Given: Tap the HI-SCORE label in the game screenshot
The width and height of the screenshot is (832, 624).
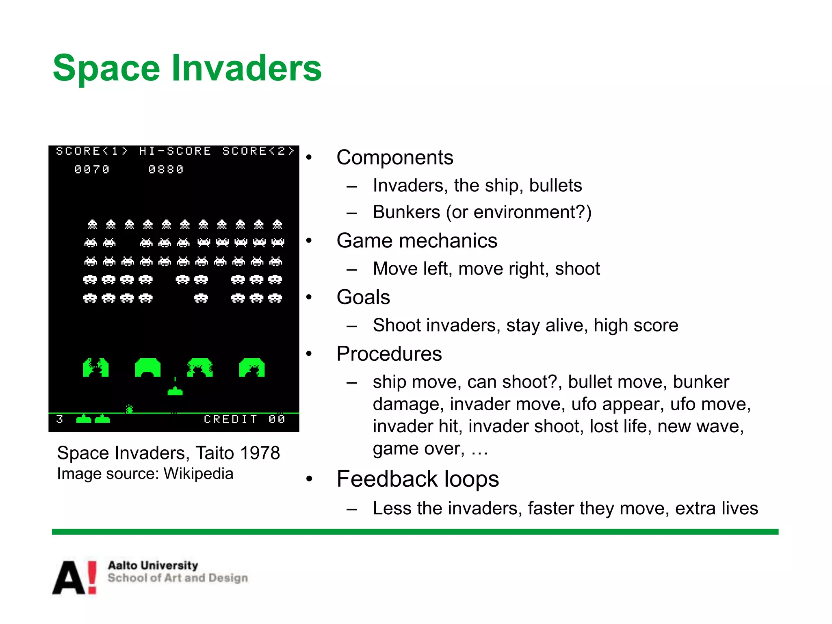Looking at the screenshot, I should (x=175, y=151).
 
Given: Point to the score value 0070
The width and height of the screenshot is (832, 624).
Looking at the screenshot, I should (x=92, y=169).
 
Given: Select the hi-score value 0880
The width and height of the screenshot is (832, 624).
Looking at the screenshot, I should (x=166, y=169).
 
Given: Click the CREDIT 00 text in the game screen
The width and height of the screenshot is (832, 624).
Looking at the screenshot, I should (x=244, y=419).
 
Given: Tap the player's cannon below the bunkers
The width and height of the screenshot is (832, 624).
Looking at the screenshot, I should (x=175, y=391).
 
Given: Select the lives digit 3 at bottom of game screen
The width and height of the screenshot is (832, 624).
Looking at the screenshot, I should (x=60, y=419).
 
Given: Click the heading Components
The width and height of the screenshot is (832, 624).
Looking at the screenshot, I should (x=394, y=158).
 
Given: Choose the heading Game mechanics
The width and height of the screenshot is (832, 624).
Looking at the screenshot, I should (x=417, y=241).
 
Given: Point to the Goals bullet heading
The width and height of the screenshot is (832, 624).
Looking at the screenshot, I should (x=363, y=297).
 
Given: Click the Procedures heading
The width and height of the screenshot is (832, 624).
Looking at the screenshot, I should (x=389, y=354).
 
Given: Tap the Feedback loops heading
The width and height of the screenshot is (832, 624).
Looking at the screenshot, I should (x=418, y=479).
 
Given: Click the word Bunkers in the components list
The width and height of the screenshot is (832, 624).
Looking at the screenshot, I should (x=406, y=212).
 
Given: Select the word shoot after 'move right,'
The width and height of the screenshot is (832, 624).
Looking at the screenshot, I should (x=577, y=269).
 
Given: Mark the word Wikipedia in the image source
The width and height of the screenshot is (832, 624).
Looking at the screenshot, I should (x=198, y=474).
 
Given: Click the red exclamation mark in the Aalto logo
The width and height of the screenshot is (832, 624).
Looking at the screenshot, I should (x=93, y=577).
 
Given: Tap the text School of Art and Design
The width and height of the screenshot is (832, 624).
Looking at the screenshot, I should (x=178, y=578).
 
